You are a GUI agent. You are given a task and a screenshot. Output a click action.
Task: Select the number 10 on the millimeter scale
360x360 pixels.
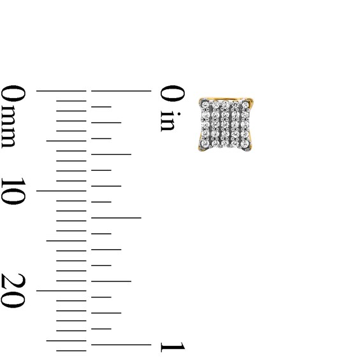point(13,191)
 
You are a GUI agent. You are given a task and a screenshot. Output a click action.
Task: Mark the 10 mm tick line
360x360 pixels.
point(61,191)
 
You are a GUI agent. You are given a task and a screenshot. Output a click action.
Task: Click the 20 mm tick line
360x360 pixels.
point(61,291)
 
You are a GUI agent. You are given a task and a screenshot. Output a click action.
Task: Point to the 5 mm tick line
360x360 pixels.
point(66,141)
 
